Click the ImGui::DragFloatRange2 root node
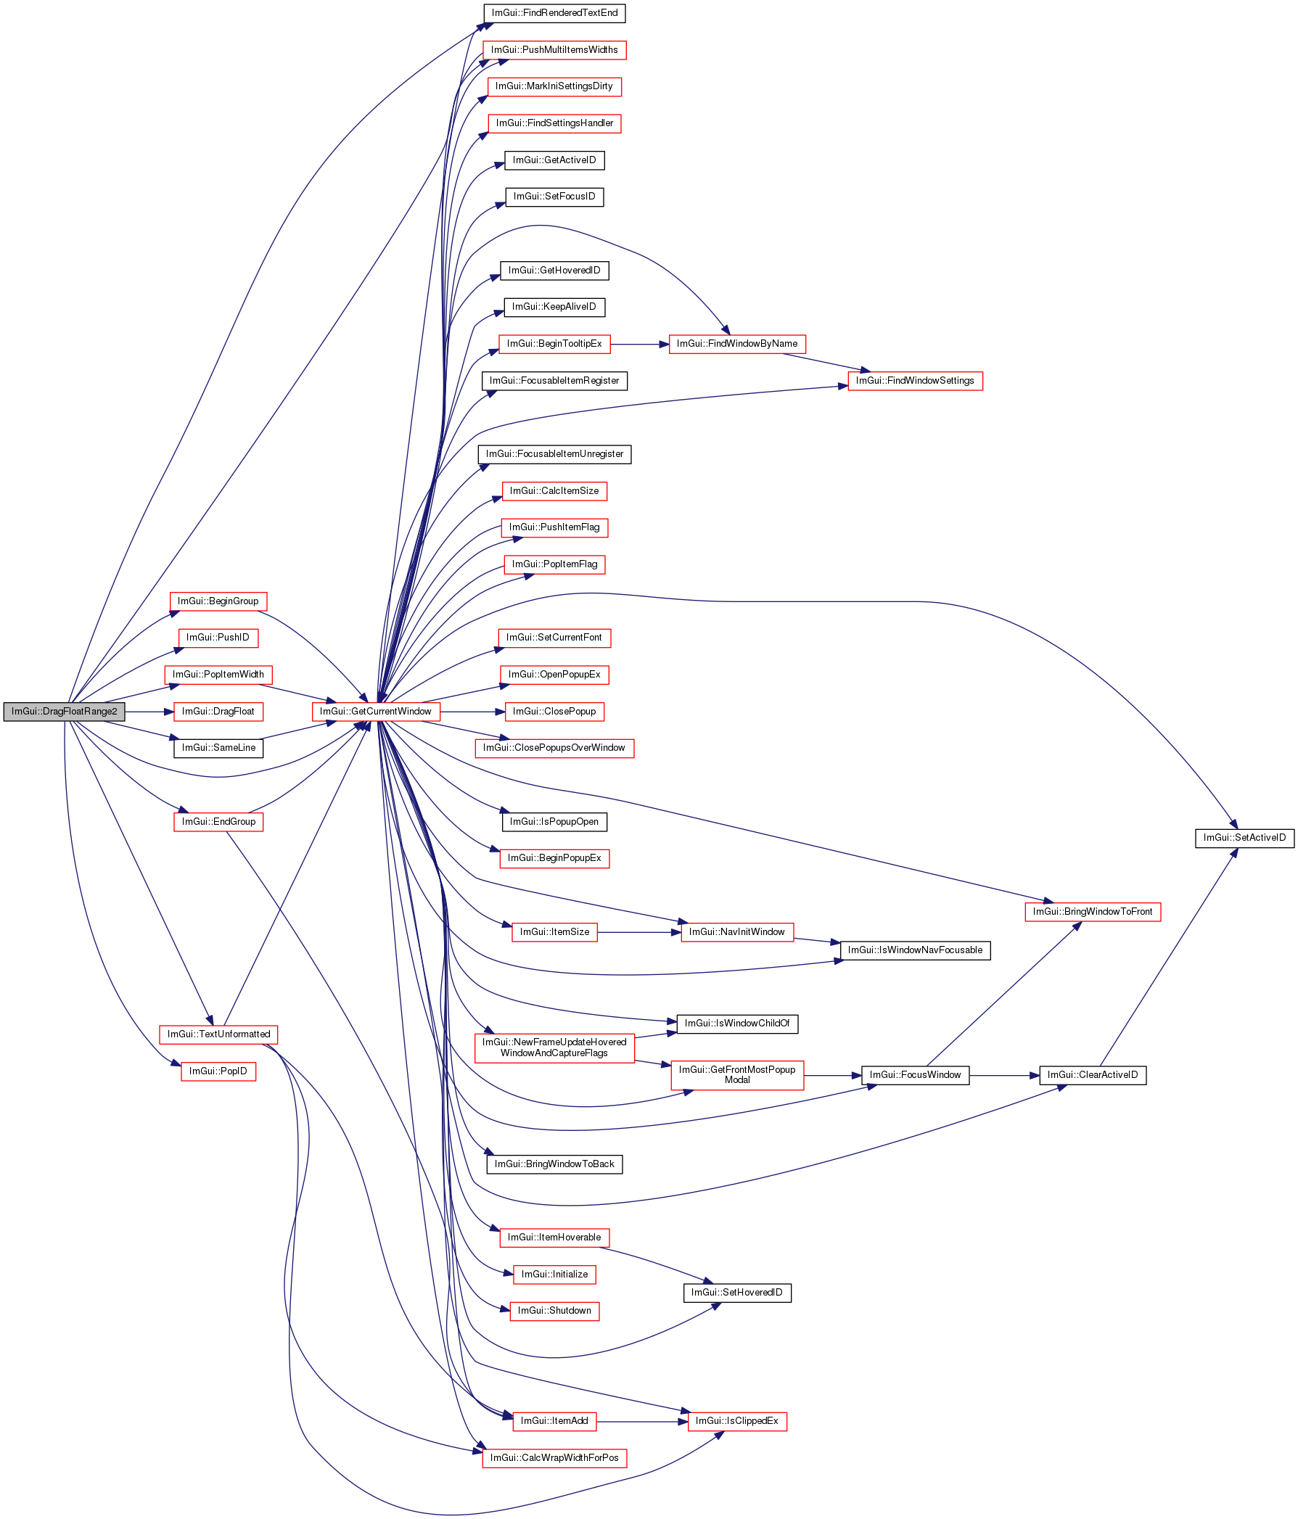pyautogui.click(x=64, y=711)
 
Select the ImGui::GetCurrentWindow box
pyautogui.click(x=375, y=711)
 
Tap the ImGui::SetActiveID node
pyautogui.click(x=1244, y=837)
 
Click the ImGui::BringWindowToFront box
pyautogui.click(x=1092, y=911)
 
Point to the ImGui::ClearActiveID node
pyautogui.click(x=1092, y=1075)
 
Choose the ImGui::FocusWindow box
pyautogui.click(x=914, y=1075)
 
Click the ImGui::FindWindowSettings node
pyautogui.click(x=914, y=381)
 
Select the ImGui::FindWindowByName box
pyautogui.click(x=736, y=343)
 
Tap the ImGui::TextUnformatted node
pyautogui.click(x=218, y=1034)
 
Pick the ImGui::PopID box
pyautogui.click(x=218, y=1071)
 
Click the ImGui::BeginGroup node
pyautogui.click(x=218, y=601)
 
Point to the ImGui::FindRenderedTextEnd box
pyautogui.click(x=554, y=12)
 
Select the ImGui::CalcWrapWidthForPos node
pyautogui.click(x=554, y=1457)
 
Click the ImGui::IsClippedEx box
pyautogui.click(x=736, y=1421)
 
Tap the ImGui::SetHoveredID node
pyautogui.click(x=736, y=1292)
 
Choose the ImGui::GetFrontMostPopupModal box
pyautogui.click(x=736, y=1075)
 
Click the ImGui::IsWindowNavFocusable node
pyautogui.click(x=914, y=950)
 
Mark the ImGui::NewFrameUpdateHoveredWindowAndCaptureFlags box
pyautogui.click(x=554, y=1047)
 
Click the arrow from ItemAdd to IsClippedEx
pyautogui.click(x=641, y=1421)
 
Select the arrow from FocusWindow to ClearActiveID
pyautogui.click(x=1003, y=1075)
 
